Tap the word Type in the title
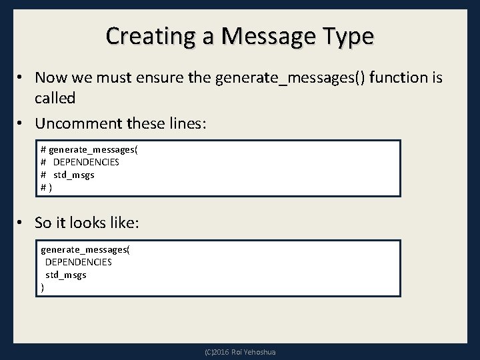click(347, 35)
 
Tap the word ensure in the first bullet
click(181, 78)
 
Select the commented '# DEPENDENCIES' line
click(80, 162)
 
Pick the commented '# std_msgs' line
click(67, 175)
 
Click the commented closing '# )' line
click(46, 187)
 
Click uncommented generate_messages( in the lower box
click(85, 250)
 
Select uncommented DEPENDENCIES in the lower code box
click(78, 262)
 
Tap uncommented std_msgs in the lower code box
click(65, 275)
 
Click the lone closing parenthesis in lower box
click(43, 287)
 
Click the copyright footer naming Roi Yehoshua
click(240, 352)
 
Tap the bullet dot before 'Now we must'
click(23, 78)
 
